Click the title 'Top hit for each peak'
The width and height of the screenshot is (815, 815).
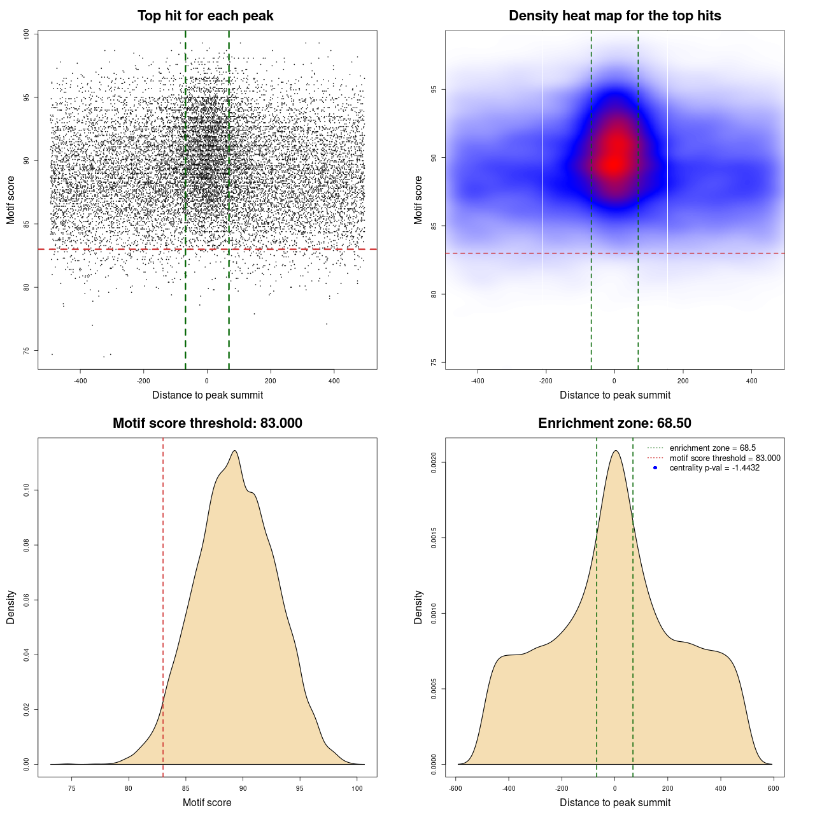tap(206, 16)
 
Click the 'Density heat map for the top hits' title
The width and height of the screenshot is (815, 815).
tap(614, 16)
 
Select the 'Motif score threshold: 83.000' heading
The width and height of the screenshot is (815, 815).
tap(207, 423)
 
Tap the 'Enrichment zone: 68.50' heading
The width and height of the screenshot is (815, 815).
tap(614, 423)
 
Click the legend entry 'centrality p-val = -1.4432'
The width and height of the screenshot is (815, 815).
tap(714, 468)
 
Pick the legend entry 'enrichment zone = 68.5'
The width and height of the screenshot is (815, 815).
tap(712, 448)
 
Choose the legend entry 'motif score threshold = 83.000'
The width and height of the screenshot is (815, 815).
tap(725, 458)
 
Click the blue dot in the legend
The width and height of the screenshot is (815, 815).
tap(655, 468)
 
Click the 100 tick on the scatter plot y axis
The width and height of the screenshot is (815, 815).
tap(27, 34)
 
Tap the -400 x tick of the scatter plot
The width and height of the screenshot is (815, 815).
tap(80, 381)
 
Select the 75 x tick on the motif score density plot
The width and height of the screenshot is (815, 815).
tap(71, 788)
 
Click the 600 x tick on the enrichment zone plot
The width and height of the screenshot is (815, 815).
tap(773, 788)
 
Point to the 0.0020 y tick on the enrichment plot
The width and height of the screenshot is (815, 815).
tap(434, 462)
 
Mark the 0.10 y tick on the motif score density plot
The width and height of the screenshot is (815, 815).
tap(27, 490)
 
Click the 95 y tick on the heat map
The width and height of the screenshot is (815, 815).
tap(434, 90)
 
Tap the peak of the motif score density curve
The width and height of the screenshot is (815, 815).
tap(235, 451)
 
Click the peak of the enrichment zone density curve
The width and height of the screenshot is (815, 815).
tap(615, 451)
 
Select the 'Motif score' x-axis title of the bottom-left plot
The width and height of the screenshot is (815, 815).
tap(207, 802)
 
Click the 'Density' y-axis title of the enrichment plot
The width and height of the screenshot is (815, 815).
tap(418, 607)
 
